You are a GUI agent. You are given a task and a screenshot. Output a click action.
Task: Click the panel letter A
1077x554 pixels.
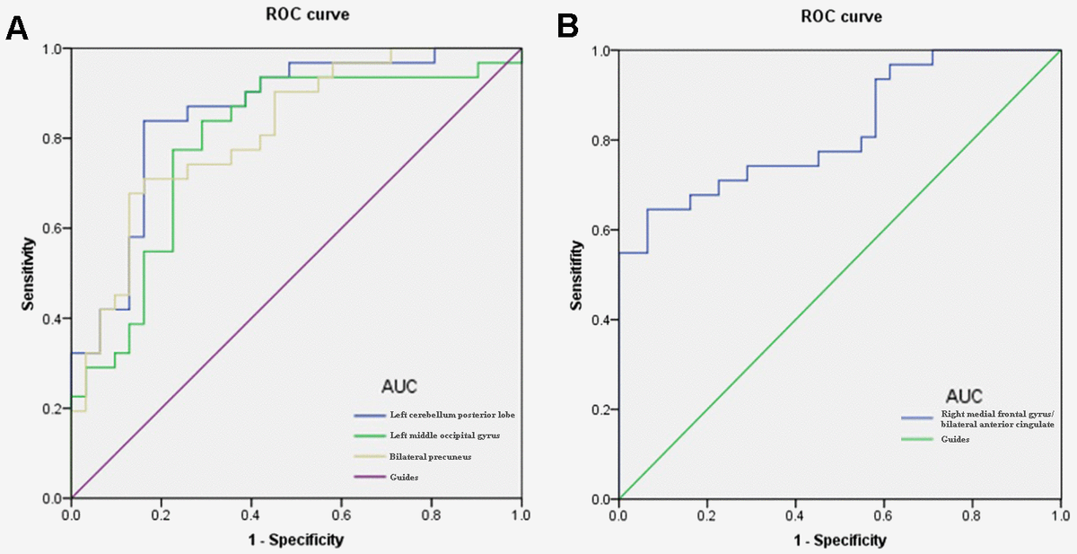point(17,29)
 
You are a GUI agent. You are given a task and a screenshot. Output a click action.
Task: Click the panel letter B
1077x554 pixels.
point(568,27)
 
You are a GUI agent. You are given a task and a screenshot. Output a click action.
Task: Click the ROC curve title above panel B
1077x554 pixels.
point(842,16)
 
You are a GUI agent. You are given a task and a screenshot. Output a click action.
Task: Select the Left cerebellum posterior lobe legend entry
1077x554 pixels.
point(441,415)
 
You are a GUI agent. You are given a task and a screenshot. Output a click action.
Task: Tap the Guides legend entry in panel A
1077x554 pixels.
point(405,477)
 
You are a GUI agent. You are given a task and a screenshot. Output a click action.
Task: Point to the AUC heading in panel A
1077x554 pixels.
point(399,387)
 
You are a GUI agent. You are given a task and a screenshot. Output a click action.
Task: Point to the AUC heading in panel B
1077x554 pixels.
point(963,395)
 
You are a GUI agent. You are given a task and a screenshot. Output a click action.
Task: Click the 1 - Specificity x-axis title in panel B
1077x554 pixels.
point(840,541)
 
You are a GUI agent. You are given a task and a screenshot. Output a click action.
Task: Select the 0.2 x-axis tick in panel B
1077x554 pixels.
point(706,515)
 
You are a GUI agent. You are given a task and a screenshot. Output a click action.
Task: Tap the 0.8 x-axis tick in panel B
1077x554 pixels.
point(971,515)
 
